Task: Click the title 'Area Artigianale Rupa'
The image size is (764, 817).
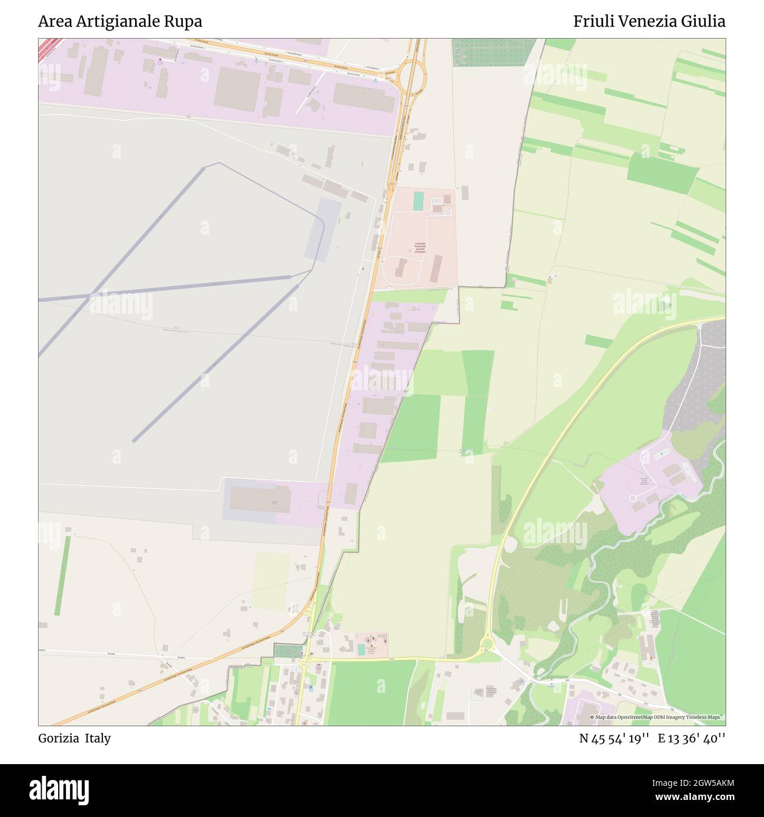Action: point(120,22)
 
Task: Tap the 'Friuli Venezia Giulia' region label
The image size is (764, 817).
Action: point(649,22)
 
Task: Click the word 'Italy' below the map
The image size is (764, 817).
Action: point(98,738)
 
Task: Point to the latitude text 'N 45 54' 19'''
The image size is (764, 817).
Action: point(614,738)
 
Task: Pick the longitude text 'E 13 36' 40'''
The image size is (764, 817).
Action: point(692,738)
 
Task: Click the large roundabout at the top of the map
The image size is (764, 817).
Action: point(412,75)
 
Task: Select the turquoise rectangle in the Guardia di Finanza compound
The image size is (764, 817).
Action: point(418,200)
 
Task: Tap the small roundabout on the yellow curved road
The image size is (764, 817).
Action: point(487,643)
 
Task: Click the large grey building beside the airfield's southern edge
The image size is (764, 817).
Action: point(260,500)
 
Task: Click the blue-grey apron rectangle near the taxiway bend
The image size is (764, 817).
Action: point(323,229)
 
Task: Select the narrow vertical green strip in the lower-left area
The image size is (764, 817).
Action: point(63,575)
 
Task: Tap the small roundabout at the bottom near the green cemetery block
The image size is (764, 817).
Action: point(304,663)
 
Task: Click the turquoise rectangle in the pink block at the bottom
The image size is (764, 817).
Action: point(361,649)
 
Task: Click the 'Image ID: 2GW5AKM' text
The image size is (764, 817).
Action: point(691,782)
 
